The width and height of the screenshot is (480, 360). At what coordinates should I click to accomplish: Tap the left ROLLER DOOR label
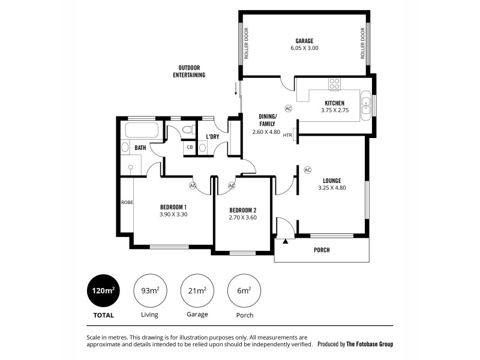(x=246, y=44)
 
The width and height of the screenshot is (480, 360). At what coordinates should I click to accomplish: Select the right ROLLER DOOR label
(x=363, y=44)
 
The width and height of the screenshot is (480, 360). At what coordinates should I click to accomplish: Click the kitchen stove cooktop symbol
(x=334, y=84)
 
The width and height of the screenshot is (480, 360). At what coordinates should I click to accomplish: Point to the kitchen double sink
(x=365, y=106)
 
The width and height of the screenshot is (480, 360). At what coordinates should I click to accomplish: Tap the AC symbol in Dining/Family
(x=288, y=109)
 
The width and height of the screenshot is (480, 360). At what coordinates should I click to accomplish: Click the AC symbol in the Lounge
(x=307, y=170)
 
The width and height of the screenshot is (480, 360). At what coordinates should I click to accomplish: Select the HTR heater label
(x=287, y=135)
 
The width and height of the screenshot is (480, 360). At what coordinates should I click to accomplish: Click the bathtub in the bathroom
(x=141, y=131)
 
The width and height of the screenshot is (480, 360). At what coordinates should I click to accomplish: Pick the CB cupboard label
(x=189, y=147)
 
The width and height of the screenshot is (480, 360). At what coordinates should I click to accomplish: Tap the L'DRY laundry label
(x=212, y=137)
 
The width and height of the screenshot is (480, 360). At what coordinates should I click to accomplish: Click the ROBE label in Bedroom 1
(x=127, y=202)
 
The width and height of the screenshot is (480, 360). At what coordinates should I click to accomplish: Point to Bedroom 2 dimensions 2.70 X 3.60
(x=242, y=218)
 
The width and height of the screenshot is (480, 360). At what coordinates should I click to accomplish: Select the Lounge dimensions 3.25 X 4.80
(x=332, y=188)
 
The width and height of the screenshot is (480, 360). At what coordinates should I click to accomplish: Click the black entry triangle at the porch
(x=286, y=241)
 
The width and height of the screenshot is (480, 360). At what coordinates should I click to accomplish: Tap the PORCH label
(x=322, y=250)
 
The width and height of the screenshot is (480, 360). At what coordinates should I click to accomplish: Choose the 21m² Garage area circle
(x=197, y=290)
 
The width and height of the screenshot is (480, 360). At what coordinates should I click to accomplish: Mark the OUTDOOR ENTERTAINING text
(x=189, y=71)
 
